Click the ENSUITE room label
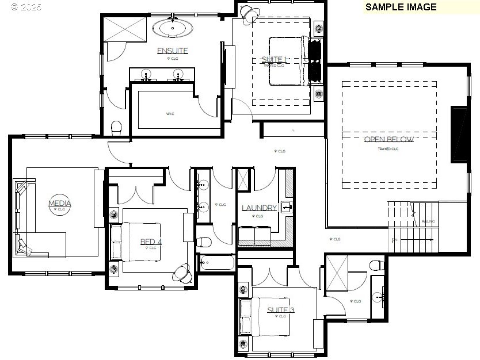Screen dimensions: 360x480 tap(172, 51)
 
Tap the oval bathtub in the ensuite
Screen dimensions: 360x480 tap(172, 28)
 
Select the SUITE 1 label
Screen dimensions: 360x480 tap(274, 60)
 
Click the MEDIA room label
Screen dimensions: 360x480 tap(59, 204)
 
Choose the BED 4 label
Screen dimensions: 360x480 tap(151, 242)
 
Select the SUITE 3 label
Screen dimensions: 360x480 tap(280, 310)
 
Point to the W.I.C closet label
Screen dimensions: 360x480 tap(170, 114)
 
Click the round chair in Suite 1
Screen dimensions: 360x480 tap(248, 12)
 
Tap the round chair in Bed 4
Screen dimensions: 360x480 tap(183, 273)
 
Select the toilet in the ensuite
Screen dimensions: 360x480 tap(116, 128)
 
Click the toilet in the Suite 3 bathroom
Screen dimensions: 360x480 tap(376, 265)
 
